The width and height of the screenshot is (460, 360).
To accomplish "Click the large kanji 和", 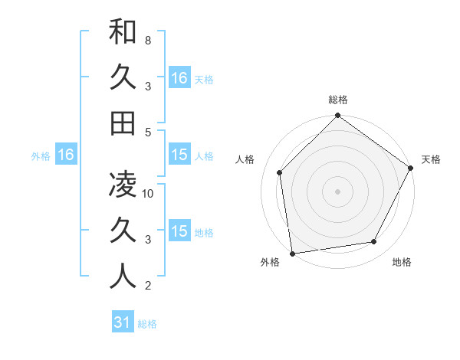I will pyautogui.click(x=123, y=32).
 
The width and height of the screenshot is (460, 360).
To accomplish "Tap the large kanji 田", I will pyautogui.click(x=123, y=123).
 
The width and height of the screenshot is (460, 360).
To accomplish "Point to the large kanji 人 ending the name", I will pyautogui.click(x=123, y=276).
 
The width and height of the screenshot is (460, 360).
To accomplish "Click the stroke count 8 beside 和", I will pyautogui.click(x=147, y=39).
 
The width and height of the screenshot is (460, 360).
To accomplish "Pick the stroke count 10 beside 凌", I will pyautogui.click(x=149, y=193).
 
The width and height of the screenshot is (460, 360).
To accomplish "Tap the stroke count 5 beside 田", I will pyautogui.click(x=148, y=132).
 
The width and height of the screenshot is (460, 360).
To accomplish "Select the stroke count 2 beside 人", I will pyautogui.click(x=148, y=286).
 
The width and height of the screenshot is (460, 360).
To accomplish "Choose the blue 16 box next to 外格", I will pyautogui.click(x=66, y=155).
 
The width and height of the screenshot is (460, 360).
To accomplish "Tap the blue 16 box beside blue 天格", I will pyautogui.click(x=179, y=78).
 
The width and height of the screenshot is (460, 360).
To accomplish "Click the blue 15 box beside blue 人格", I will pyautogui.click(x=179, y=155).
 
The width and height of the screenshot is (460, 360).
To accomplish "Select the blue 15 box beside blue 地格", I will pyautogui.click(x=179, y=231).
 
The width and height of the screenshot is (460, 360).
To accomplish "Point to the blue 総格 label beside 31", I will pyautogui.click(x=147, y=324).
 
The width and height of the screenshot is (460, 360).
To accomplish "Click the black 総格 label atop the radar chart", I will pyautogui.click(x=338, y=100).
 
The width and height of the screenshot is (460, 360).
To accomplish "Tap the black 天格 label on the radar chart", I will pyautogui.click(x=431, y=159).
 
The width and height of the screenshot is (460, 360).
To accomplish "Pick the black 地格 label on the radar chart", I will pyautogui.click(x=402, y=262).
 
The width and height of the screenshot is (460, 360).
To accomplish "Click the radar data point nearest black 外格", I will pyautogui.click(x=292, y=253).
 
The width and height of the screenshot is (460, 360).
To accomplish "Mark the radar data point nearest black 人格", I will pyautogui.click(x=280, y=172).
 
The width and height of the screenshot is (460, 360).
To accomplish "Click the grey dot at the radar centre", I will pyautogui.click(x=337, y=191).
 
